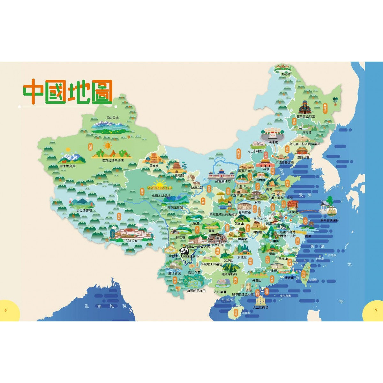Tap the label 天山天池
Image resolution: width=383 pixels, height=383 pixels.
coord(112,118)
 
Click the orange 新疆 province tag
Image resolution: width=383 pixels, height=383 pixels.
coord(90,146)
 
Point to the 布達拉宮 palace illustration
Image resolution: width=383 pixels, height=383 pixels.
coord(131,233)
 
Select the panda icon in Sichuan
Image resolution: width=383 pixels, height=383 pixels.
coord(183,251)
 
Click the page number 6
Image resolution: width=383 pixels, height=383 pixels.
coord(6,310)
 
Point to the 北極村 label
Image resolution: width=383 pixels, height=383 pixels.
coord(286,74)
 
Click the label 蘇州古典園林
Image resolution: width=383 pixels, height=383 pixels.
coord(329,220)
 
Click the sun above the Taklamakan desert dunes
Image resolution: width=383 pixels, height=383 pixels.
coord(108,146)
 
